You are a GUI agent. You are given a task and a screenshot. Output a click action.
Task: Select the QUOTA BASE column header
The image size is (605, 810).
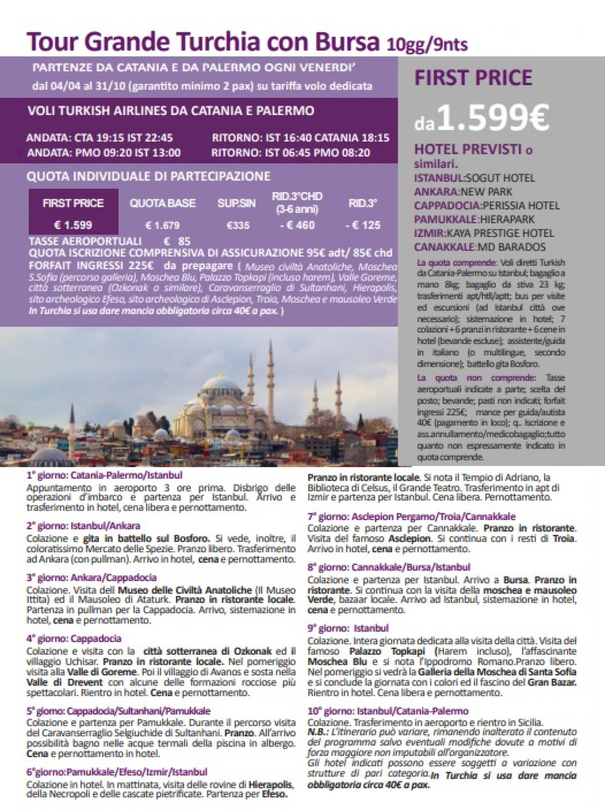point(162,203)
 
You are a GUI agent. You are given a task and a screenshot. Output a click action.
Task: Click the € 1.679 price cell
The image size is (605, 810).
point(162,225)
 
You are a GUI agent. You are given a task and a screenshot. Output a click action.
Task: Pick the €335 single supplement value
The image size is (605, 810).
point(238,225)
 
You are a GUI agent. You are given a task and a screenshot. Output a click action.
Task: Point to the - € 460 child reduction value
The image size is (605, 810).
point(297,225)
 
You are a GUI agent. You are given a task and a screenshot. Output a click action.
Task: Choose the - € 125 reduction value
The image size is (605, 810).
point(363,225)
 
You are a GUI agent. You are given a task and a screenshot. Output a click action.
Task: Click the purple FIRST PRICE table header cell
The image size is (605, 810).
point(74,203)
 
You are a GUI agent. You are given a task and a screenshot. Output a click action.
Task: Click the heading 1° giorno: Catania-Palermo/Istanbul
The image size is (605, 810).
point(104,475)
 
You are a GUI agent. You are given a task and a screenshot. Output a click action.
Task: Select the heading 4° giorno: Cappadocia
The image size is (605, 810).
point(74,639)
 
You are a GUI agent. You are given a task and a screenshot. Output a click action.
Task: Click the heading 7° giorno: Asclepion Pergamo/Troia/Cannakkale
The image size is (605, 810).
point(411,517)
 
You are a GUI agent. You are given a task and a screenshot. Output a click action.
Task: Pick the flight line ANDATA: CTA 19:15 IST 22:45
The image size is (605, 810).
point(100,138)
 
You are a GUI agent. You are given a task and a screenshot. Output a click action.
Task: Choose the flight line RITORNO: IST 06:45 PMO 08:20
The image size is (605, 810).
point(291,152)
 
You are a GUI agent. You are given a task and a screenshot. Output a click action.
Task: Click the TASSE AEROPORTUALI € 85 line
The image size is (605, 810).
point(109,242)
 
